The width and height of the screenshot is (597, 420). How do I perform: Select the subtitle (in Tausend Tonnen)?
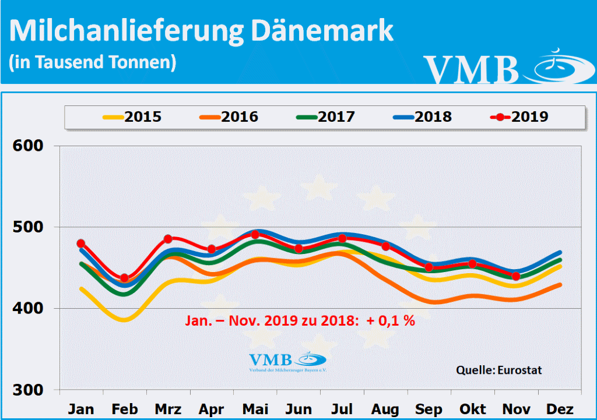(x=93, y=62)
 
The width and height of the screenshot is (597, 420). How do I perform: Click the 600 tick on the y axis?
(x=29, y=146)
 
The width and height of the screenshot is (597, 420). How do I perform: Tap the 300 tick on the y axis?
(x=29, y=390)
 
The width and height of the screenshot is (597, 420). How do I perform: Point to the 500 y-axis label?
(x=29, y=227)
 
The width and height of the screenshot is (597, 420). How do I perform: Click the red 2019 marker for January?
(x=81, y=243)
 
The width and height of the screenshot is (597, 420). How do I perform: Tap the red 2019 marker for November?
(x=516, y=276)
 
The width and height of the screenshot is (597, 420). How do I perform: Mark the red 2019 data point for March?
(x=168, y=239)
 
